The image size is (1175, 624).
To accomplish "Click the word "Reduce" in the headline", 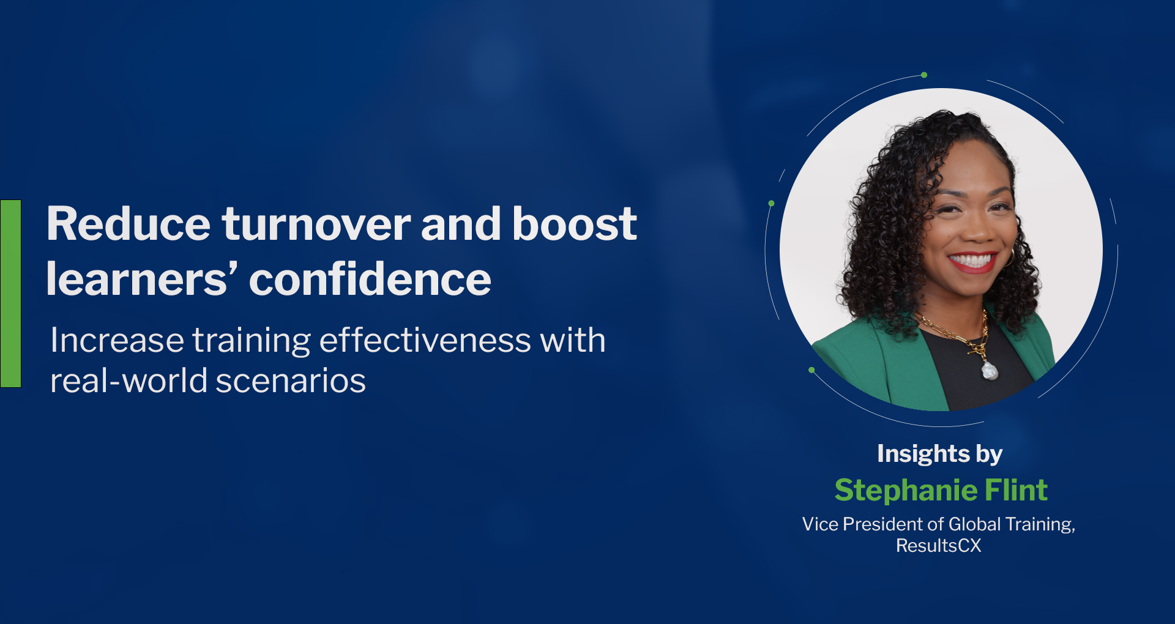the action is point(129,224).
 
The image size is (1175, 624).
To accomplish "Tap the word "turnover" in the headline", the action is point(316,224).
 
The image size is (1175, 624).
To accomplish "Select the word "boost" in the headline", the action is point(575,224).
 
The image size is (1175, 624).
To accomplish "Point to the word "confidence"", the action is point(370,279).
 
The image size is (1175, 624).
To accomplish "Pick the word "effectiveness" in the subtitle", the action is point(425,340).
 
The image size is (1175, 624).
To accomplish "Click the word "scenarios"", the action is point(291,381).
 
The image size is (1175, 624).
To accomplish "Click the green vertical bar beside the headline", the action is point(11,294).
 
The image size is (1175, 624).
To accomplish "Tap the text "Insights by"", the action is point(939,454).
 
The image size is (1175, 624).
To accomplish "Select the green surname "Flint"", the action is point(1016,490).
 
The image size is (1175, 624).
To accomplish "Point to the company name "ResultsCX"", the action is point(939,546).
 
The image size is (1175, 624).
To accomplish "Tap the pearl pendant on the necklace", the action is point(989,370).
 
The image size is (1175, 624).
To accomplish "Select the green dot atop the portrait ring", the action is point(924,75).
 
